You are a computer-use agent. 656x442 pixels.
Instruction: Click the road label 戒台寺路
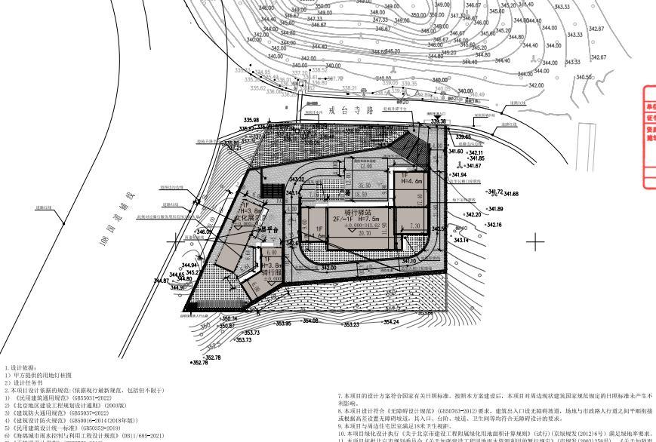351,109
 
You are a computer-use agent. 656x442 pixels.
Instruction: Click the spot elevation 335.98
251,120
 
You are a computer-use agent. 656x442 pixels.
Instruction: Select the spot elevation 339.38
438,121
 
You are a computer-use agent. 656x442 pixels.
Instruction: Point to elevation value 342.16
494,225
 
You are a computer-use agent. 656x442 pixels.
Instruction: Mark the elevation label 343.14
460,240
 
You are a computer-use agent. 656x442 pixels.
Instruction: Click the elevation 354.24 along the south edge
390,322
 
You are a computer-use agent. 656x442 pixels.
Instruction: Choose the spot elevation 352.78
213,357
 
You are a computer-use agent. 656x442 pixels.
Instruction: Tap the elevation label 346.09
204,232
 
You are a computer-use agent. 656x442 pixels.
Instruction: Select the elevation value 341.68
511,194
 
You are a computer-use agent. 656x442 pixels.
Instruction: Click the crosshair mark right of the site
536,242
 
